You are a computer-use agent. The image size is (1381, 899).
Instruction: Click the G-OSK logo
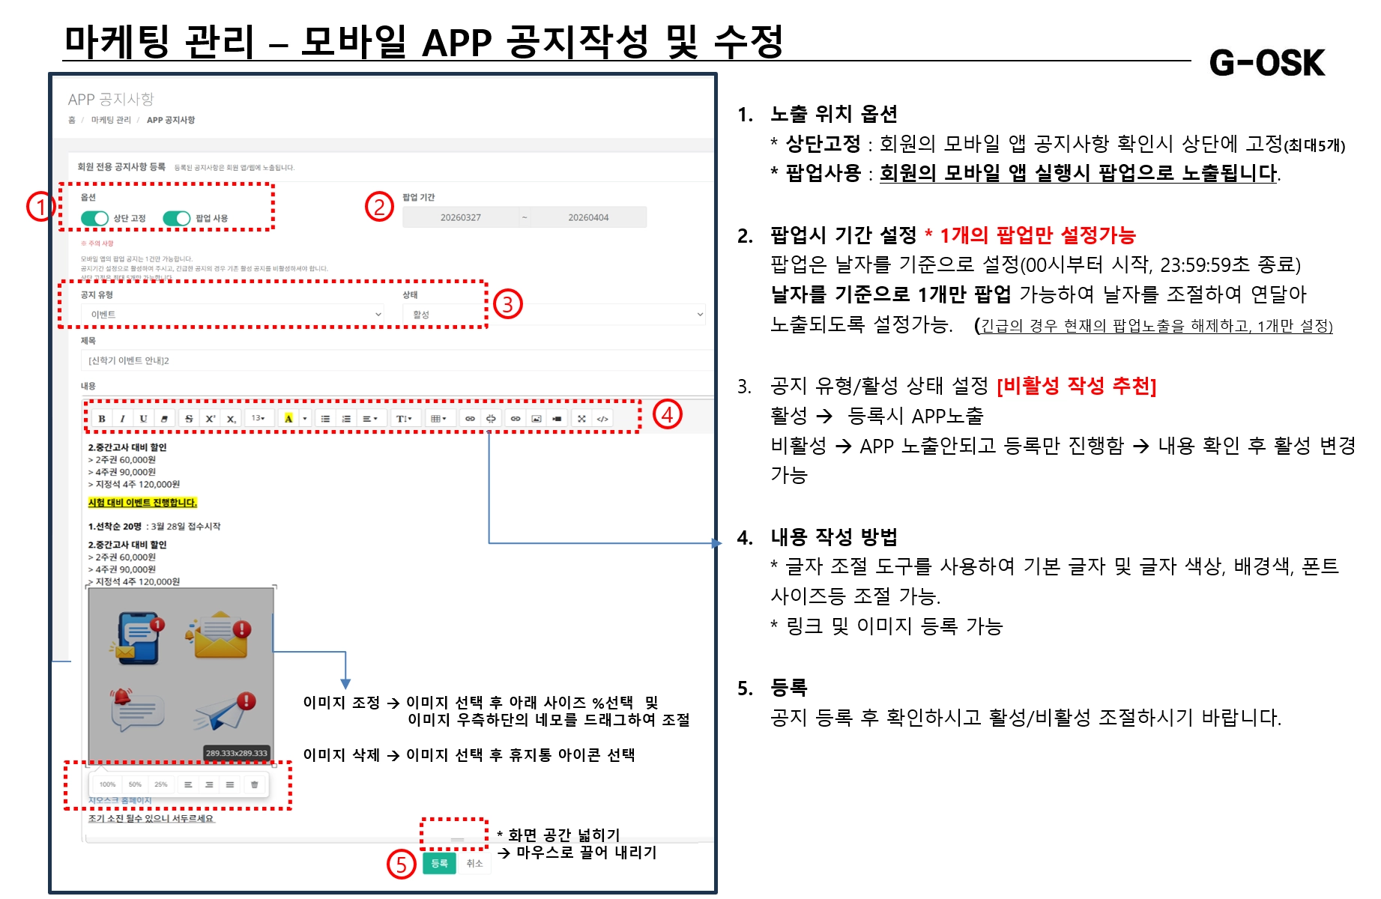tap(1266, 63)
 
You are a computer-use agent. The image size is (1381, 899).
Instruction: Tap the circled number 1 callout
tap(40, 207)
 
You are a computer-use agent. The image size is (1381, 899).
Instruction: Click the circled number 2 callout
tap(379, 207)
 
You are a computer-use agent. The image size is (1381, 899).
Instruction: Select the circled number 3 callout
tap(507, 304)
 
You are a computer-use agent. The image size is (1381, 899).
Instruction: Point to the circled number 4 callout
tap(666, 414)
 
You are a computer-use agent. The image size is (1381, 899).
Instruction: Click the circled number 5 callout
tap(401, 864)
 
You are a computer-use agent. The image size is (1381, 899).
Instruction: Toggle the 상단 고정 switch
tap(95, 218)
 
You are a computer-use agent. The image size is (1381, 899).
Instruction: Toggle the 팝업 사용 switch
tap(177, 218)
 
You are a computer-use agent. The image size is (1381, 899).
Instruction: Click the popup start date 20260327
tap(461, 218)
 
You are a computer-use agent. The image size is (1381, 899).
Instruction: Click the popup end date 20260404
tap(588, 218)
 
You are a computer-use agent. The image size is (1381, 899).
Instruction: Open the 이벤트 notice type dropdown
tap(232, 315)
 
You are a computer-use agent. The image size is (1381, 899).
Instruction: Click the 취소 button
tap(474, 864)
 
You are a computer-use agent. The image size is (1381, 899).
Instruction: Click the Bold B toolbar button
tap(102, 419)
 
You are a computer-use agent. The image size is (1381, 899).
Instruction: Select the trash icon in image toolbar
tap(254, 784)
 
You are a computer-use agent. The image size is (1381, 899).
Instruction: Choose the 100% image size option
tap(107, 784)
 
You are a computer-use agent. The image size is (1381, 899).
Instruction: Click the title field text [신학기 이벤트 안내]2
tap(129, 360)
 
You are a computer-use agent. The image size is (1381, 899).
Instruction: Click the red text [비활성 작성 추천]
tap(1076, 386)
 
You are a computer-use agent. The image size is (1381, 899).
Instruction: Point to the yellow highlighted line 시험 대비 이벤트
tap(142, 503)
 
